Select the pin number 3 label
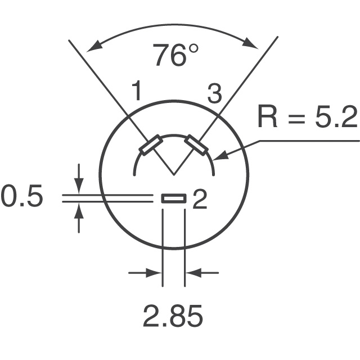[214, 94]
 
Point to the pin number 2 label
[200, 200]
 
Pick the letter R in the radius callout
[269, 118]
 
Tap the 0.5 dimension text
[21, 198]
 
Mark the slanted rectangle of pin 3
[197, 145]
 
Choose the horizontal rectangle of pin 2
[174, 198]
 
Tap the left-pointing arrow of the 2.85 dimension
[192, 273]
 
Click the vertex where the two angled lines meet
[174, 173]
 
